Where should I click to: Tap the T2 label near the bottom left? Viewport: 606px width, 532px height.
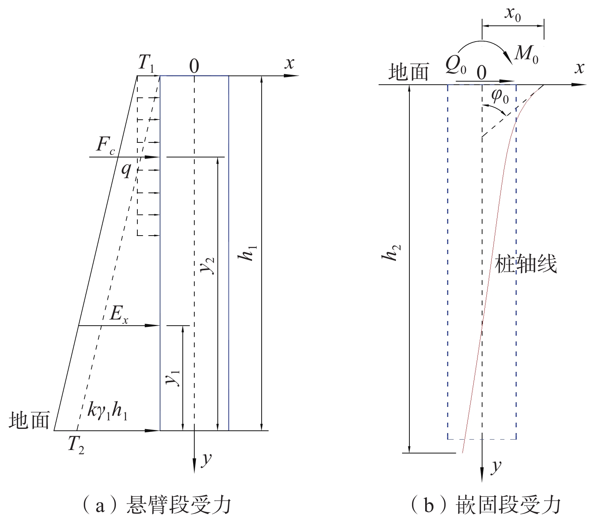pos(76,445)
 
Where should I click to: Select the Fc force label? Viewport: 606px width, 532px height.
pos(105,146)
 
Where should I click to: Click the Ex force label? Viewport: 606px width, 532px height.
pos(119,315)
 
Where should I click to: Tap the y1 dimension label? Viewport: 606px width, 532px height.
pos(173,377)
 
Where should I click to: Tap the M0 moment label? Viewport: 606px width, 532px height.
pos(526,54)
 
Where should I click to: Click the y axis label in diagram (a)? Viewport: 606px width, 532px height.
pos(207,458)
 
